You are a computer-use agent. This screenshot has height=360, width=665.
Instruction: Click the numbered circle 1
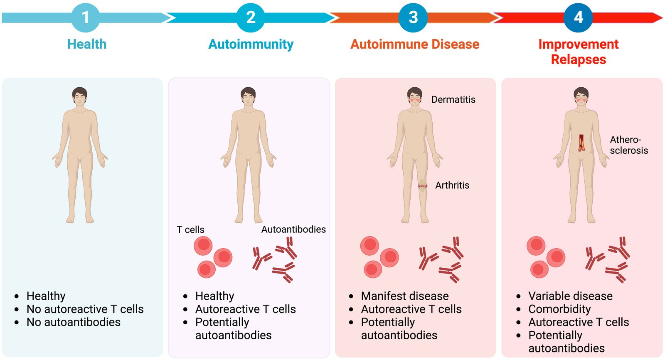86,17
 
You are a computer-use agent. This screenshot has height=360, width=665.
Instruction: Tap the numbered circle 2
251,17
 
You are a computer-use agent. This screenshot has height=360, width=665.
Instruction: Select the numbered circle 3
413,17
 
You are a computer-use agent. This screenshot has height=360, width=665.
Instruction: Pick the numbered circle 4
578,17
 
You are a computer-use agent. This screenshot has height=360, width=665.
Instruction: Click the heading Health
87,44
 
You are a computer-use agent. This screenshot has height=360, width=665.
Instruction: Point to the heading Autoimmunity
251,44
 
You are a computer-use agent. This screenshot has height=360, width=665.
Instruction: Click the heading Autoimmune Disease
415,44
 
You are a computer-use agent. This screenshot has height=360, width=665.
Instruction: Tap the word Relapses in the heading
578,59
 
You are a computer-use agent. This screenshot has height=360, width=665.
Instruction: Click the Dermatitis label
453,99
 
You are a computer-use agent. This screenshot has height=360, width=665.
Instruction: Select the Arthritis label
452,185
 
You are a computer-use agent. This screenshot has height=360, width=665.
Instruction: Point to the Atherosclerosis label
628,145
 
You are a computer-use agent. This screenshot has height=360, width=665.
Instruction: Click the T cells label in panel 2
190,229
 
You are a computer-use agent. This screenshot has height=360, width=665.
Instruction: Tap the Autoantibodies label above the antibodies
293,229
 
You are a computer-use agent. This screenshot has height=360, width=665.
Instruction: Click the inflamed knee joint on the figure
423,185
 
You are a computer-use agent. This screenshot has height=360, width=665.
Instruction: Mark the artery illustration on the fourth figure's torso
581,143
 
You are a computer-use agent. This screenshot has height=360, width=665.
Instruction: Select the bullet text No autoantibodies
74,322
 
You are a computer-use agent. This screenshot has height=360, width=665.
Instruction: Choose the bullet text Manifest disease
405,296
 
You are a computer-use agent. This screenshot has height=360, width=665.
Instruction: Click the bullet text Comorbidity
559,309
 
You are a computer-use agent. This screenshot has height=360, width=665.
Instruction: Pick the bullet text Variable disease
570,296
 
